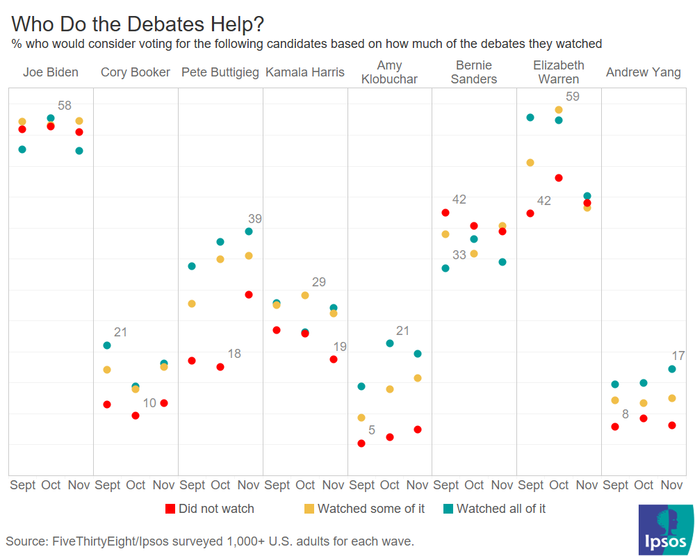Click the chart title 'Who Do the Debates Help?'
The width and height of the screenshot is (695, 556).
(138, 24)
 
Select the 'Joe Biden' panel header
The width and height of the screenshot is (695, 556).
(50, 72)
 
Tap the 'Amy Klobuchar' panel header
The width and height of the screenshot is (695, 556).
(389, 72)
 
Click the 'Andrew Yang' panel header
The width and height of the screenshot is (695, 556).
(643, 72)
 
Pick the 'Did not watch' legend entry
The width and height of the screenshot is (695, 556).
(209, 509)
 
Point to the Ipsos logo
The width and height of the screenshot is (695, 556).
(665, 530)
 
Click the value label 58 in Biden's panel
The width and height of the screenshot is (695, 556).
(65, 106)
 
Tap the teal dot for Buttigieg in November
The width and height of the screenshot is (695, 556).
(249, 231)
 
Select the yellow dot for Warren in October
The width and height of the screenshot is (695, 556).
(559, 110)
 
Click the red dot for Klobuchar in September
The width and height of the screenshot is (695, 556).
(361, 443)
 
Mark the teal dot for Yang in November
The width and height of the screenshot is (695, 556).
(672, 369)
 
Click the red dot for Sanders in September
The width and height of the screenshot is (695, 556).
(445, 213)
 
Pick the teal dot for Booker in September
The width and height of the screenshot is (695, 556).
(107, 345)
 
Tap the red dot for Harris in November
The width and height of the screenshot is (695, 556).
(334, 359)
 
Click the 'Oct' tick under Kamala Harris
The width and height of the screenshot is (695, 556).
(305, 485)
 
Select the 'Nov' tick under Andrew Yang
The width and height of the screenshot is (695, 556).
(671, 485)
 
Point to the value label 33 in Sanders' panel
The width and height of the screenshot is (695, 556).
(459, 255)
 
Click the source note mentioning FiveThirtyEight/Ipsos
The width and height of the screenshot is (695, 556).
(209, 541)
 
